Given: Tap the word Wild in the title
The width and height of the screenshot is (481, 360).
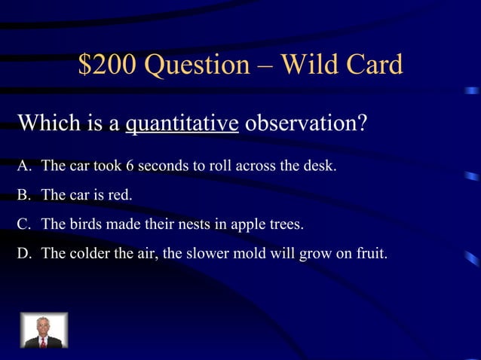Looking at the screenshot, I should tap(311, 66).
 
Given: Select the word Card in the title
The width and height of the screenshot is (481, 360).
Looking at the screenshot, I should tap(374, 66).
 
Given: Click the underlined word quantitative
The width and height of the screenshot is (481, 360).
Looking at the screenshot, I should tap(182, 122).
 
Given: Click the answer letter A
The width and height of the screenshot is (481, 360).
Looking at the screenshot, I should tap(23, 166).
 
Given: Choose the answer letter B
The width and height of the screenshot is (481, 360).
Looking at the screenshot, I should tap(23, 195).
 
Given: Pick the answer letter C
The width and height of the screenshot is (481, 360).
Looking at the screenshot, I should tap(23, 224).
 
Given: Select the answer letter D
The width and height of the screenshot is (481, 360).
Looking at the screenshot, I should tap(23, 254).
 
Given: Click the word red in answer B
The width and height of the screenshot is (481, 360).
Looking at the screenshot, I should tap(119, 195).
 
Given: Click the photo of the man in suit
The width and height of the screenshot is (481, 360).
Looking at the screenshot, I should tap(43, 331).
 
